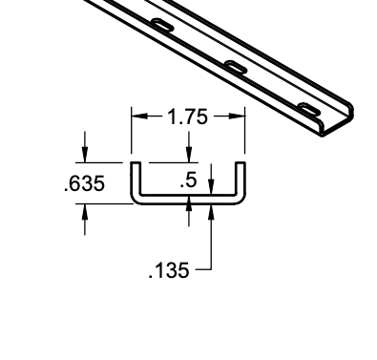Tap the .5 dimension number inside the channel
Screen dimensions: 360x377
pos(189,179)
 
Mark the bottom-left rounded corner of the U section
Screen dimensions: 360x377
pos(135,201)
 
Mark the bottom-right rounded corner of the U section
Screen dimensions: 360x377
pos(242,201)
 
